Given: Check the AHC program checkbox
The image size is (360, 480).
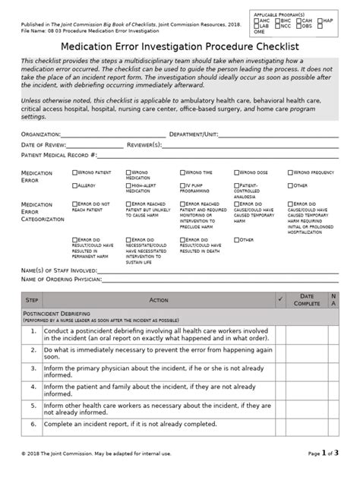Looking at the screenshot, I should click(256, 21).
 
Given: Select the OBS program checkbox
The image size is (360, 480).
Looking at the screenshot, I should click(298, 26).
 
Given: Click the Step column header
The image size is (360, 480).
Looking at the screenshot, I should click(33, 301).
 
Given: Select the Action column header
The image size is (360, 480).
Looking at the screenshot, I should click(159, 301).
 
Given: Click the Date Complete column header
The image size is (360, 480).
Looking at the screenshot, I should click(305, 301).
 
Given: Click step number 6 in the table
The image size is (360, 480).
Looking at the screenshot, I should click(33, 425).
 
